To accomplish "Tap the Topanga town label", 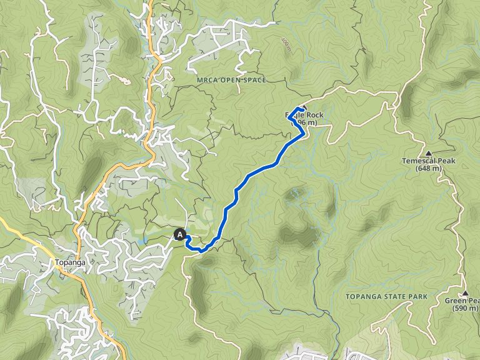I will click(69, 262).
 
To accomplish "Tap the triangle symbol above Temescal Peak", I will click(428, 153).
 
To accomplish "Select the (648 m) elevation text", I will click(429, 169).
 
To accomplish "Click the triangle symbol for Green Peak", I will click(466, 293).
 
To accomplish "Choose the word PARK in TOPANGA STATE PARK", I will click(419, 296).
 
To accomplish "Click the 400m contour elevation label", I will click(287, 44).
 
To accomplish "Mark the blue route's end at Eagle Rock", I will click(302, 110).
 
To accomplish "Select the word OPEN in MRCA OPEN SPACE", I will click(229, 80).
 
